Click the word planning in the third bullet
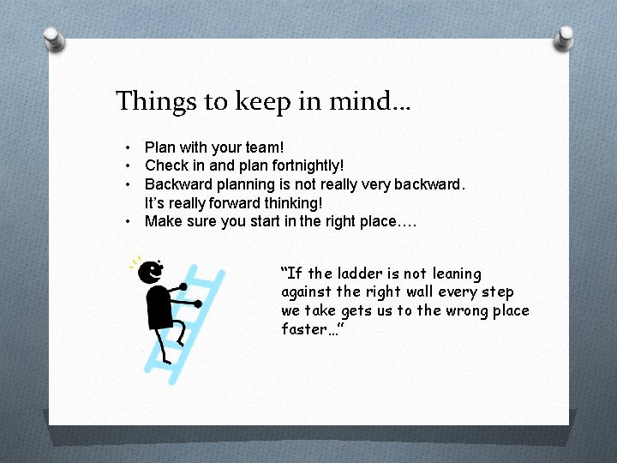pos(248,184)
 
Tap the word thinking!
pos(293,202)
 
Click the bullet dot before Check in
pos(127,165)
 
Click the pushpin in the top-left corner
pos(54,39)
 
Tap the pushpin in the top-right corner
pos(564,38)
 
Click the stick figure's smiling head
pos(152,271)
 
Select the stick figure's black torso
pos(160,307)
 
